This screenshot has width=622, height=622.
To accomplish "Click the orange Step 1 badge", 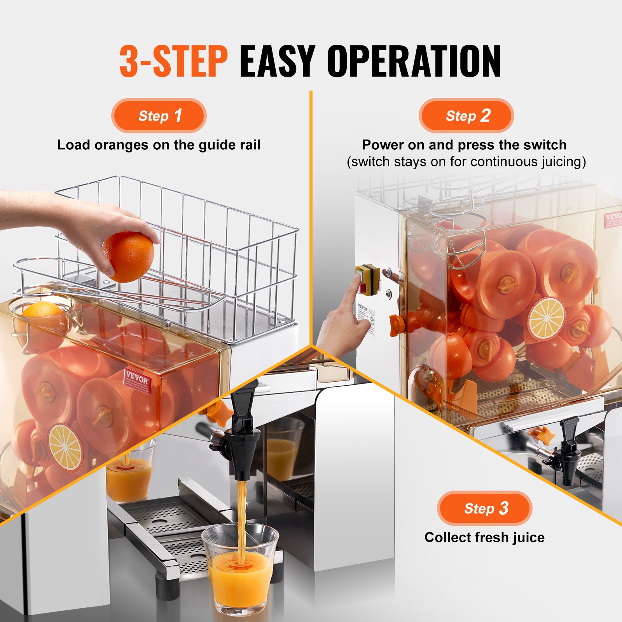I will coord(159,116).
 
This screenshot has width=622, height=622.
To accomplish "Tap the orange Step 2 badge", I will coord(466,116).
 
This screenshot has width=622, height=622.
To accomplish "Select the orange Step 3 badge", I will coord(484,508).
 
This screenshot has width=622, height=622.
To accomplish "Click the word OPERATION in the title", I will coord(414,61).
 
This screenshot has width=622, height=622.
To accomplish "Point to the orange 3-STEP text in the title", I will coord(173,61).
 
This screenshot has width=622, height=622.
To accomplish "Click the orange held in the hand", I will coord(128,256).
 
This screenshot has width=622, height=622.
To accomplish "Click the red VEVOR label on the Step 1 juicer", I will coord(137,380).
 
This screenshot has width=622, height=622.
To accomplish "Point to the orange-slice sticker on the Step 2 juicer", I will coord(546,318).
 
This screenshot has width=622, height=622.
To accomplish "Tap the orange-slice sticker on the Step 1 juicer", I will coord(65,447).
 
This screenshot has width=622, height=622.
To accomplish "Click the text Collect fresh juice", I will coord(484,537).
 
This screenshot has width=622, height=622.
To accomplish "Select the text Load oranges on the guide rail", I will coord(159,145).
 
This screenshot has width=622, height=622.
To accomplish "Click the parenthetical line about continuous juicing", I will coord(466,162).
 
